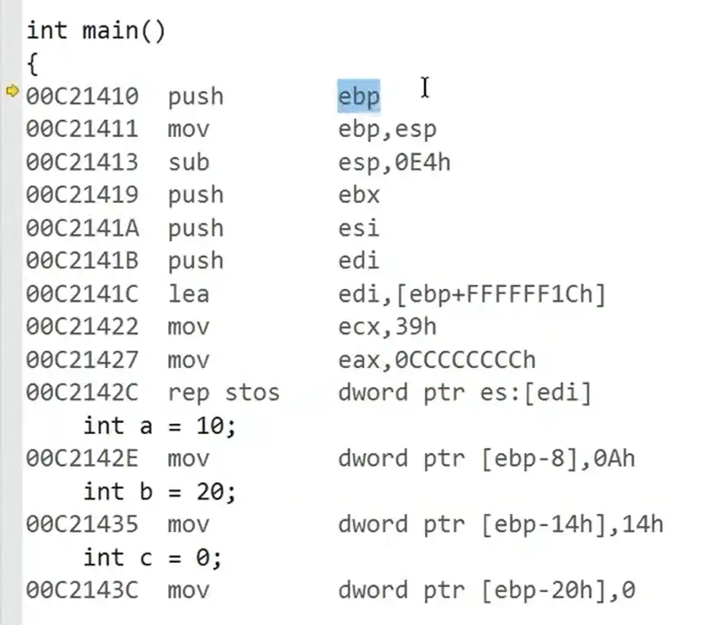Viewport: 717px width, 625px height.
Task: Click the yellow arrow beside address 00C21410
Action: pyautogui.click(x=12, y=92)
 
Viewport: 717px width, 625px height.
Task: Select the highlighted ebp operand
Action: pyautogui.click(x=359, y=97)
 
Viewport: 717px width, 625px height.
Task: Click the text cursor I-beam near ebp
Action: pyautogui.click(x=424, y=87)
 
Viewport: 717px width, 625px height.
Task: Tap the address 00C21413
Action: pyautogui.click(x=82, y=162)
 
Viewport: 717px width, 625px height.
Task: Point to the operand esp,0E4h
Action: pyautogui.click(x=394, y=162)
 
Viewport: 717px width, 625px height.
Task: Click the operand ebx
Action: pyautogui.click(x=359, y=195)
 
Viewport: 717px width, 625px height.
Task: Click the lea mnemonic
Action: pyautogui.click(x=188, y=294)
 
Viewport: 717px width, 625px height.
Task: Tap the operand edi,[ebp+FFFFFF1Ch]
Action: pyautogui.click(x=471, y=294)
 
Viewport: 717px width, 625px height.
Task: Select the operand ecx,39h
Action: pyautogui.click(x=387, y=327)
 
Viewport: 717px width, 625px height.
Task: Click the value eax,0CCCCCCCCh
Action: pyautogui.click(x=436, y=360)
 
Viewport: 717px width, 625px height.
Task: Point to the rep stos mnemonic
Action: pyautogui.click(x=224, y=393)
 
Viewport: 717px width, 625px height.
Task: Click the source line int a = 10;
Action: pyautogui.click(x=160, y=426)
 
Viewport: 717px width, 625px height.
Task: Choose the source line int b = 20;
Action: pyautogui.click(x=160, y=492)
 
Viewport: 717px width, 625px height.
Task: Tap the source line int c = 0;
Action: pyautogui.click(x=153, y=557)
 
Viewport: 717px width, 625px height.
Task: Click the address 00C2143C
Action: pyautogui.click(x=82, y=590)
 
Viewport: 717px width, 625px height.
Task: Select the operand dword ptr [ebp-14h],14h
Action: pyautogui.click(x=500, y=525)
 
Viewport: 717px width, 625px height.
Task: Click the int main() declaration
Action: pyautogui.click(x=96, y=31)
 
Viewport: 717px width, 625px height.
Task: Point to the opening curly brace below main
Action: pyautogui.click(x=32, y=64)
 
